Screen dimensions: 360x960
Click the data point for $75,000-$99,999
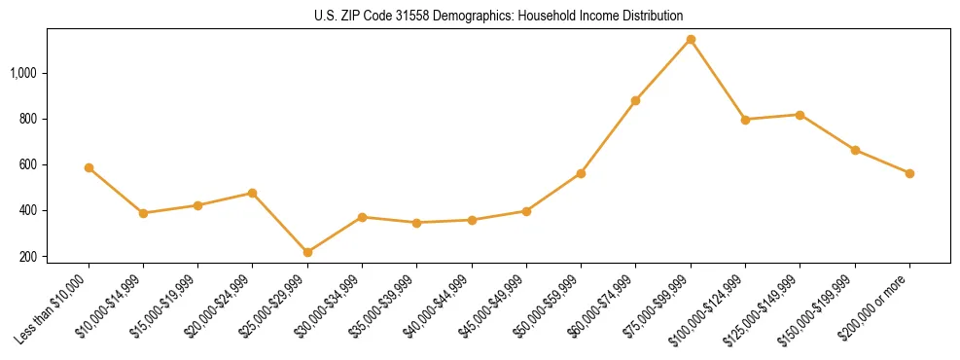tap(691, 40)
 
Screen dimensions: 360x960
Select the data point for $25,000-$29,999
tap(307, 252)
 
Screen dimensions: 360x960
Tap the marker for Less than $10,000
tap(89, 167)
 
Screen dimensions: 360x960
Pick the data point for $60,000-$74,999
tap(635, 100)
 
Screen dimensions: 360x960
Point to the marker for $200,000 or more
tap(909, 173)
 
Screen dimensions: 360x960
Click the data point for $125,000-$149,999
tap(800, 115)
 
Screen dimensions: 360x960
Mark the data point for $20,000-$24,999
tap(253, 193)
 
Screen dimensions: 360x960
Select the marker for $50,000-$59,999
tap(581, 173)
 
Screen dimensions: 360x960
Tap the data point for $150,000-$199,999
tap(855, 150)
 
